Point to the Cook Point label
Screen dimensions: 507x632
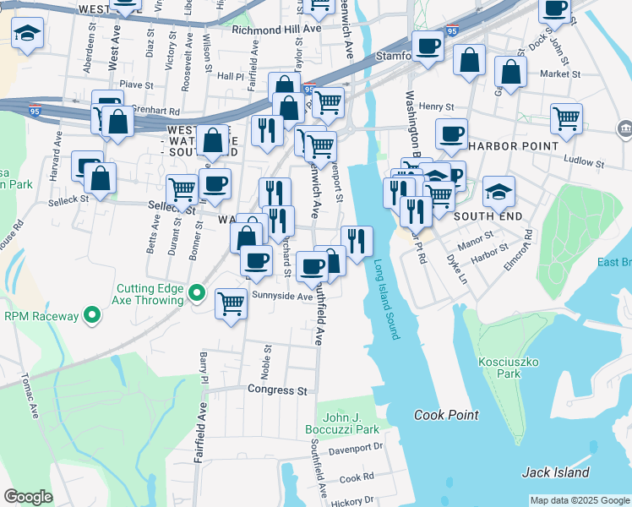(446, 415)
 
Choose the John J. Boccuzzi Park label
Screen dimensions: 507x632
(351, 423)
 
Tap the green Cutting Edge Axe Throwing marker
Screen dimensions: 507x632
(197, 293)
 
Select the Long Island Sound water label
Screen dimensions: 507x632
(385, 299)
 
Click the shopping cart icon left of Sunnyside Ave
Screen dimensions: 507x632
(231, 302)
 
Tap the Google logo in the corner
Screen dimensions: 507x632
(28, 497)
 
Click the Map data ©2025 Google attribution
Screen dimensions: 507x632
(580, 500)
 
